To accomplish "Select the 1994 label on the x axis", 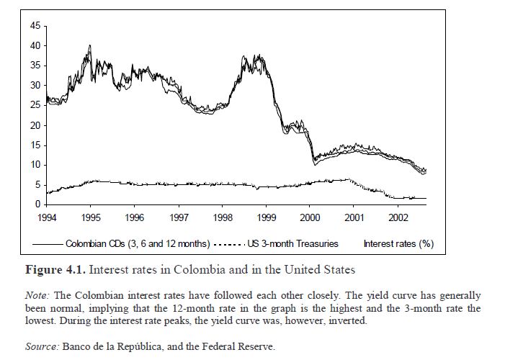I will click(47, 217).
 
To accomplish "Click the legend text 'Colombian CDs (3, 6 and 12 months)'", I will click(138, 243).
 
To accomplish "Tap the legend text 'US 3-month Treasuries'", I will click(292, 243).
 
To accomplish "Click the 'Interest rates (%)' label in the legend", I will click(398, 243).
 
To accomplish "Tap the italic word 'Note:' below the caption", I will click(37, 296).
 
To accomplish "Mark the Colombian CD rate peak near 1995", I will click(89, 46).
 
